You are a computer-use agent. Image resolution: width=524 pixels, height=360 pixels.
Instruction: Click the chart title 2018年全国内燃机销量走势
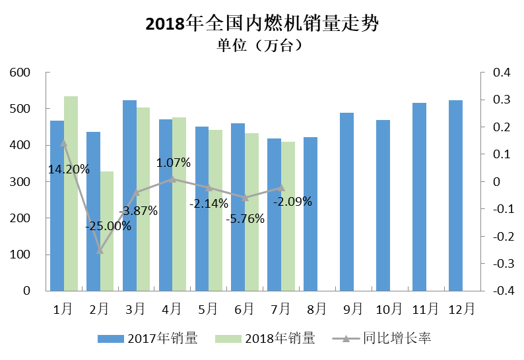point(261,24)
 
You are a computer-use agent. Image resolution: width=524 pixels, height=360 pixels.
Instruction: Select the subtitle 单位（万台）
point(261,46)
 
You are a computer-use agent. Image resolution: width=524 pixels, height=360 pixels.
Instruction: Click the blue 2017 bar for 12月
point(455,195)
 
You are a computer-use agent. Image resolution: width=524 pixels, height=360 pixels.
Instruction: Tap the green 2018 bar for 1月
point(71,193)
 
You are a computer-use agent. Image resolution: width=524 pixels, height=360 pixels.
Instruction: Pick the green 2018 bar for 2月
point(107,231)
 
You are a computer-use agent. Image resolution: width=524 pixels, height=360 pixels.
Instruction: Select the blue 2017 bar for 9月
point(346,201)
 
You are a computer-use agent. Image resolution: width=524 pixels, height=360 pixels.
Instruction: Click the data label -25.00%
point(108,225)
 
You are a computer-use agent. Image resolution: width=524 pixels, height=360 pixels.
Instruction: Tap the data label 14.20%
point(69,169)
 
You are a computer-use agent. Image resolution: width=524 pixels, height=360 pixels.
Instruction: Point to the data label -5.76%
point(245,218)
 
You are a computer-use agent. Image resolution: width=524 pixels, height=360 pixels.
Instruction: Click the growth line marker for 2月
point(100,250)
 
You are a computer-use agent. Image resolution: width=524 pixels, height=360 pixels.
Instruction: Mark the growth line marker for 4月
point(173,179)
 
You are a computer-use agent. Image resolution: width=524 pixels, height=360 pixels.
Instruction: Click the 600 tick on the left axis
point(22,73)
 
